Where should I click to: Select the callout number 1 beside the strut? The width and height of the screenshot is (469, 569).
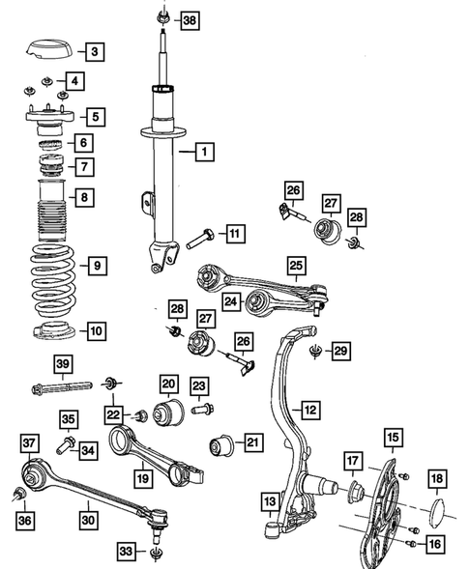click(x=205, y=151)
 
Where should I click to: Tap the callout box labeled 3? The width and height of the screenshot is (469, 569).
click(x=94, y=51)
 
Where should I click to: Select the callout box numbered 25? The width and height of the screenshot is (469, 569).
click(x=296, y=263)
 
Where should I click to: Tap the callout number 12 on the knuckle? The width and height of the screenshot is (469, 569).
click(x=309, y=411)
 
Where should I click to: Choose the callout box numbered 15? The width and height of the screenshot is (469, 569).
click(x=393, y=438)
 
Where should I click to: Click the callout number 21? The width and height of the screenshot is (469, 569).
click(x=252, y=443)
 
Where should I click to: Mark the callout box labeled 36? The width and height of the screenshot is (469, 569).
click(x=25, y=522)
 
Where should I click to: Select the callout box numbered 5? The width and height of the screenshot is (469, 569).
click(x=95, y=117)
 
